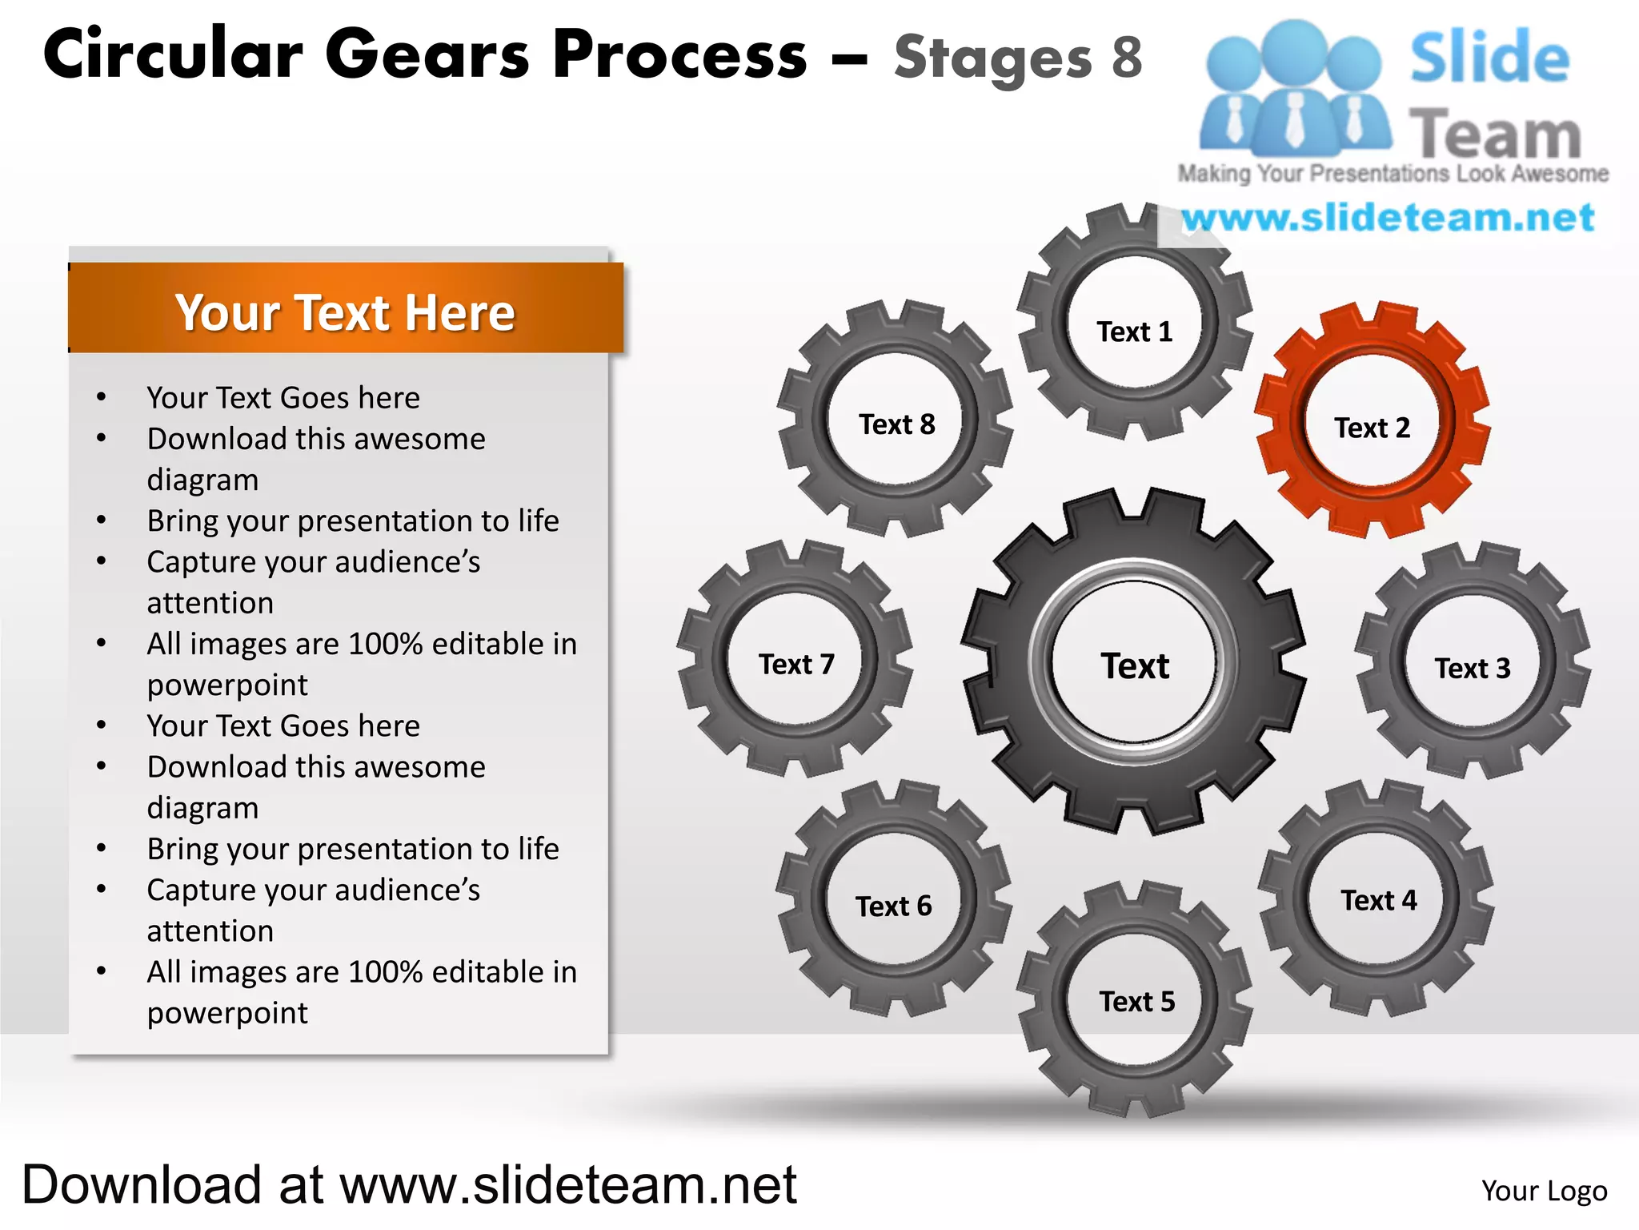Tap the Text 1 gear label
[1134, 332]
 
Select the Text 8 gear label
[896, 424]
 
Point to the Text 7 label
[796, 664]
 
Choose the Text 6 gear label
[893, 906]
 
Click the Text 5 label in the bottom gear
[1136, 1001]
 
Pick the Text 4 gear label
[1378, 900]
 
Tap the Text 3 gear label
[1472, 668]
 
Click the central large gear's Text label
[1134, 665]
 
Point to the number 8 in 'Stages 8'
[1126, 58]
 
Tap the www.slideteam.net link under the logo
[1388, 218]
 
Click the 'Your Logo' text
[1544, 1191]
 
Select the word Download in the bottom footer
[142, 1184]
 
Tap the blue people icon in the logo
[1293, 88]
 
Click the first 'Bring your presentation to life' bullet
[352, 521]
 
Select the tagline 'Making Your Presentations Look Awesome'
[1393, 174]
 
